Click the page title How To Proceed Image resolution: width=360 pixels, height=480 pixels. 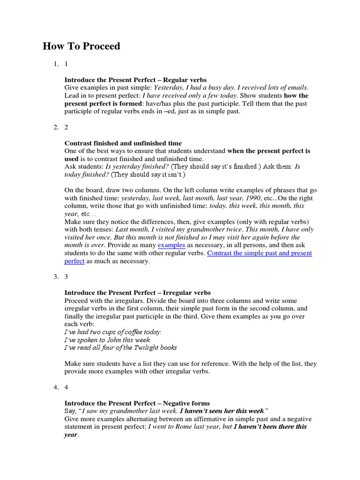pos(82,46)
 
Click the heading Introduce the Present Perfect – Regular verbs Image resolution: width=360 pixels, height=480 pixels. pos(135,80)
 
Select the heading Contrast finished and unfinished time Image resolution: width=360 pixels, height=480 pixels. pos(123,143)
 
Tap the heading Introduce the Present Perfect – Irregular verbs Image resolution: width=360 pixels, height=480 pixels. pos(137,292)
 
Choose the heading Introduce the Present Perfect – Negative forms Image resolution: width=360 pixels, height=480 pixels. pos(137,403)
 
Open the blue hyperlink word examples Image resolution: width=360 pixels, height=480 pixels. pos(172,245)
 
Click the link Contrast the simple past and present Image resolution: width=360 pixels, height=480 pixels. pos(259,253)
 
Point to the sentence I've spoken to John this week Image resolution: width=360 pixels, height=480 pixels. pos(114,339)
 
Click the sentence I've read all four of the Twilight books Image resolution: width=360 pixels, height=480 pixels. pos(120,347)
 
